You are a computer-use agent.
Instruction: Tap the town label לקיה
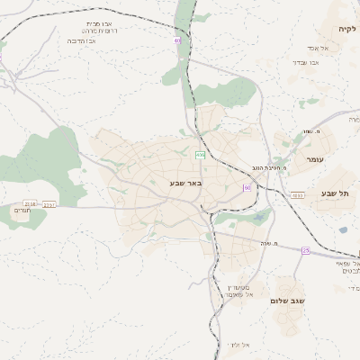click(x=347, y=29)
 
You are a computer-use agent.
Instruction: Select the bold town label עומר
click(x=314, y=159)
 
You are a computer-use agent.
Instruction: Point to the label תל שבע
click(x=334, y=193)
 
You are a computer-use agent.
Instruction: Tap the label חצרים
click(x=22, y=214)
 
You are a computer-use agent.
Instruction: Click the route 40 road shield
click(x=177, y=40)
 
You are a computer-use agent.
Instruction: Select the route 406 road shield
click(x=200, y=155)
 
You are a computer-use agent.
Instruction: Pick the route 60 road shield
click(x=246, y=187)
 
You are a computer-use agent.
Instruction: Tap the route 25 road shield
click(x=305, y=250)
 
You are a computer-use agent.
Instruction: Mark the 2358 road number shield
click(x=31, y=204)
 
